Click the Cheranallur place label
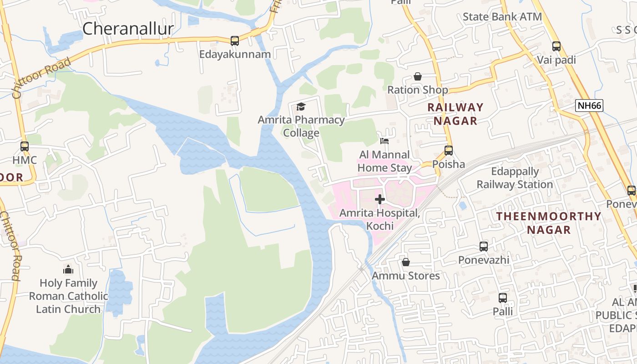pyautogui.click(x=128, y=29)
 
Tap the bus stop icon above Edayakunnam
pyautogui.click(x=235, y=41)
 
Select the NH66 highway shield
pyautogui.click(x=589, y=106)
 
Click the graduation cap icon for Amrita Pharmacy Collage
pyautogui.click(x=301, y=106)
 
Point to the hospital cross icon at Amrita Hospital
pyautogui.click(x=380, y=199)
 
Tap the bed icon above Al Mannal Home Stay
pyautogui.click(x=384, y=141)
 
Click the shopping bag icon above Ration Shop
pyautogui.click(x=417, y=76)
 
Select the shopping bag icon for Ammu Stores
pyautogui.click(x=406, y=262)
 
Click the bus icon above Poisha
pyautogui.click(x=449, y=150)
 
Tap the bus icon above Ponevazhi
pyautogui.click(x=484, y=247)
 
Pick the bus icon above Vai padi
pyautogui.click(x=556, y=46)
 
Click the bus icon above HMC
pyautogui.click(x=25, y=147)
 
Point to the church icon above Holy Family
pyautogui.click(x=68, y=269)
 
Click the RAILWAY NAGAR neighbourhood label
pyautogui.click(x=455, y=114)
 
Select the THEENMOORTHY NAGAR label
pyautogui.click(x=549, y=223)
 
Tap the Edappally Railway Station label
pyautogui.click(x=515, y=178)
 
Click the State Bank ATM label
pyautogui.click(x=502, y=17)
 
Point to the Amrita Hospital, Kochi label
pyautogui.click(x=379, y=219)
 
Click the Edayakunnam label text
pyautogui.click(x=235, y=54)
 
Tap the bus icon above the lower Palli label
pyautogui.click(x=503, y=298)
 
